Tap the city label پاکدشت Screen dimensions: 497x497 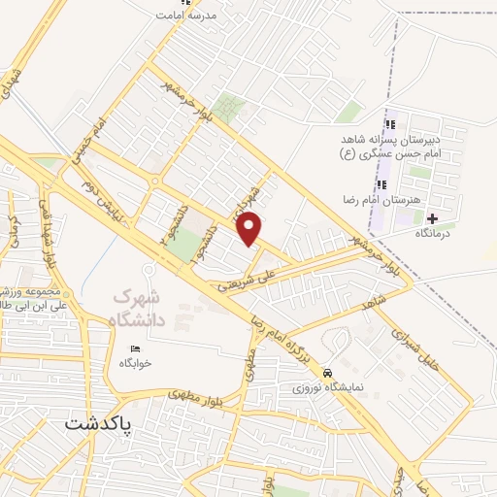pyautogui.click(x=101, y=423)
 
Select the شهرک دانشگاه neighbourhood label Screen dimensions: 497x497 pyautogui.click(x=138, y=308)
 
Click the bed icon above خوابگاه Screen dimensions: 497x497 pyautogui.click(x=135, y=348)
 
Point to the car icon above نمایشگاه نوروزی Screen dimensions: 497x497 pyautogui.click(x=329, y=373)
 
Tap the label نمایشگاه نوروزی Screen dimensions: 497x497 pyautogui.click(x=327, y=387)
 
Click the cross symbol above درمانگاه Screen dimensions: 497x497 pyautogui.click(x=432, y=217)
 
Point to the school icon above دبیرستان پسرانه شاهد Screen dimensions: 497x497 pyautogui.click(x=389, y=123)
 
